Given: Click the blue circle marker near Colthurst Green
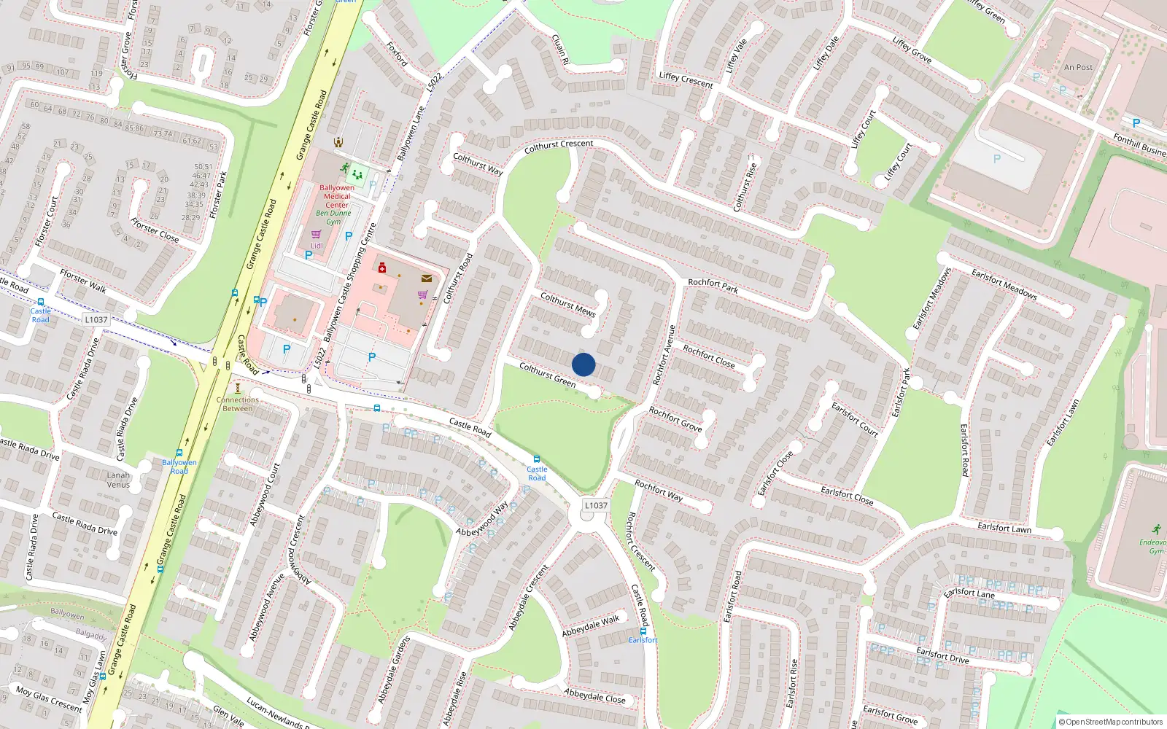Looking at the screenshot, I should click(x=583, y=364).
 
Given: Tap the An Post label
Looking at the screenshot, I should click(x=1078, y=68).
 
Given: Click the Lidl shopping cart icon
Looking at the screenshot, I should click(x=316, y=235).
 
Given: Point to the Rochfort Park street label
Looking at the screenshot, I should click(x=713, y=286).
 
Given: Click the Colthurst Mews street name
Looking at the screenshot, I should click(x=567, y=304).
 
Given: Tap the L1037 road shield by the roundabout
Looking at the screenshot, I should click(x=596, y=505).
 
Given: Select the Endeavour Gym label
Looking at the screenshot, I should click(x=1153, y=547).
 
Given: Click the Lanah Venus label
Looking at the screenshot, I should click(x=118, y=480).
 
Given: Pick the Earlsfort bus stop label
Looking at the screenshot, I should click(x=643, y=640).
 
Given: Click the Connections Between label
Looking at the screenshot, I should click(x=238, y=404).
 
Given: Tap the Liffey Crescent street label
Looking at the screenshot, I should click(x=686, y=79).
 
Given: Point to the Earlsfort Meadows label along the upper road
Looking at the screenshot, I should click(x=1004, y=284).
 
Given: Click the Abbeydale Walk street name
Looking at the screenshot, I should click(x=590, y=626).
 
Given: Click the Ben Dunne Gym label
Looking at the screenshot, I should click(x=333, y=217).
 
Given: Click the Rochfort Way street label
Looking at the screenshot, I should click(x=659, y=490).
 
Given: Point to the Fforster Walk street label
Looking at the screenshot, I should click(x=83, y=281).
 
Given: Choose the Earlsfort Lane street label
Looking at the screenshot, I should click(x=969, y=593).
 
